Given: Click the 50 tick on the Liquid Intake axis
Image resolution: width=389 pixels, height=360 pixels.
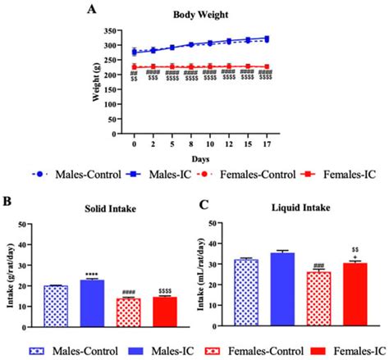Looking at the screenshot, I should coord(222,223).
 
